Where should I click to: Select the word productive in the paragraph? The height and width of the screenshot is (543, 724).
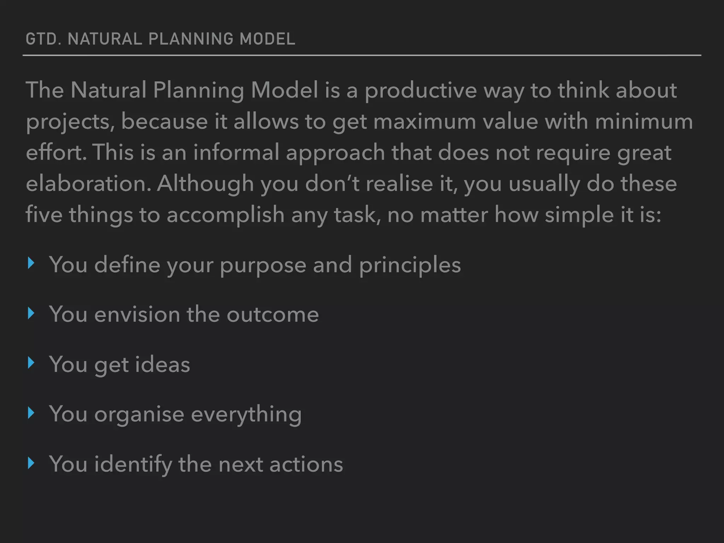pos(420,90)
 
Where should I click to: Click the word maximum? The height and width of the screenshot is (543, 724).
pos(425,122)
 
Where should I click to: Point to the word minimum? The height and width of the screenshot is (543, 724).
pos(644,122)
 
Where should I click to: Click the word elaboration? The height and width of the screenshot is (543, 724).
pos(88,184)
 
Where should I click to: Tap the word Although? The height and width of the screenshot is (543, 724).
pos(205,184)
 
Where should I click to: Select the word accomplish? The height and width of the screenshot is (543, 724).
pos(225,215)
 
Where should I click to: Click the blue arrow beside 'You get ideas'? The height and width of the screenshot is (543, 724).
pos(31,363)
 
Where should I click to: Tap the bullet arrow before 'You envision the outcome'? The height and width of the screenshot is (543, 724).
pos(31,313)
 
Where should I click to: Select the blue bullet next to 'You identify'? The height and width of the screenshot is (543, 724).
pos(31,463)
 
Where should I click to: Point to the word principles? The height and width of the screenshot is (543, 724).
pos(410,265)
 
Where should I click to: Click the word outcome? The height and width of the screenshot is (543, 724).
pos(273,314)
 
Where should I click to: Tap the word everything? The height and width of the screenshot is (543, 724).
pos(246,414)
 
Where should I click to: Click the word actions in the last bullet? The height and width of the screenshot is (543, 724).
pos(306,464)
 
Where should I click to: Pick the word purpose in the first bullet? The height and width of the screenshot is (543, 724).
pos(263,265)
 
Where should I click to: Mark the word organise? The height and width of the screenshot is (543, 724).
pos(139,414)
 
